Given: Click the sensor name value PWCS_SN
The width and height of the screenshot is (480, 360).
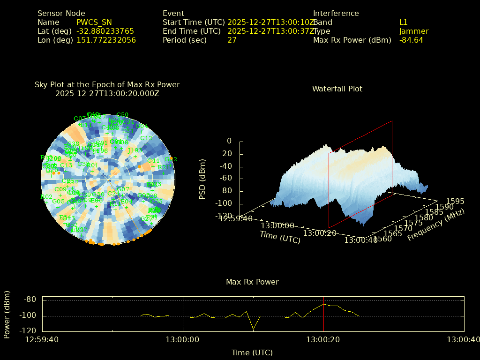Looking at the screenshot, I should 94,22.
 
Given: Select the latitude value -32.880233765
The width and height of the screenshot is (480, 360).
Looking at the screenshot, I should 105,31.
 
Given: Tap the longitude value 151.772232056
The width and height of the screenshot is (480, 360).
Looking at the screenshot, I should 106,40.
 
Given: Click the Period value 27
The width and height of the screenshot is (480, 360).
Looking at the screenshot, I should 232,40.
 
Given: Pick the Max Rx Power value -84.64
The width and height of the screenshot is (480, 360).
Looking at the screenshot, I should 411,40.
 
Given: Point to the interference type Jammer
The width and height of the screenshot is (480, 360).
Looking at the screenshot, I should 413,31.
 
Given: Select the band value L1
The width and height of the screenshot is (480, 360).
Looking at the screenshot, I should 404,22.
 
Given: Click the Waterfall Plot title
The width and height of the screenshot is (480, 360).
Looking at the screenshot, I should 337,89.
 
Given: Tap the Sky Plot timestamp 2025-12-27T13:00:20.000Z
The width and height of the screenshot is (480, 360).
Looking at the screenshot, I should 107,93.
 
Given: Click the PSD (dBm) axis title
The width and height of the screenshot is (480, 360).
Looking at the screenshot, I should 202,178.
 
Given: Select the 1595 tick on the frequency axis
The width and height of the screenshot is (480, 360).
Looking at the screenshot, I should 456,201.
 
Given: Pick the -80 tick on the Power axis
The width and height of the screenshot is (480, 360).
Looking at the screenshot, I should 30,300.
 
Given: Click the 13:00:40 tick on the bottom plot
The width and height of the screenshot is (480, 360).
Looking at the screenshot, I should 463,339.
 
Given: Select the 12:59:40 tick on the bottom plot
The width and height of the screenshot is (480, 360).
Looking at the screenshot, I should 42,339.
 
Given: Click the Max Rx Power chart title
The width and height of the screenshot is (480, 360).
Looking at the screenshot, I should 252,282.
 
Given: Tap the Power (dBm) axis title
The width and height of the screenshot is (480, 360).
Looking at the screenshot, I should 7,315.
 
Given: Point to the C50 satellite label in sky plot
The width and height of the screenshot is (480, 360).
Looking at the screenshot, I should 122,114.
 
